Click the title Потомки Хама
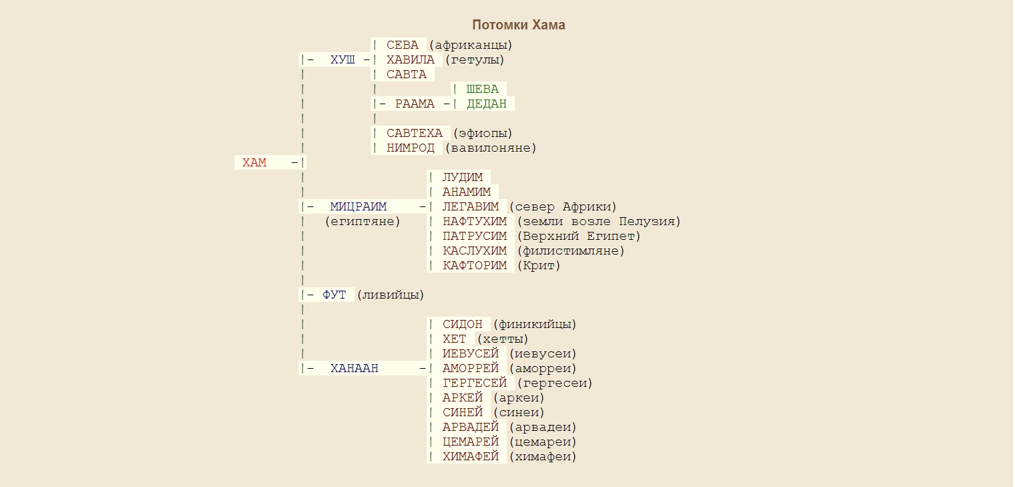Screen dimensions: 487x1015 [x=518, y=25]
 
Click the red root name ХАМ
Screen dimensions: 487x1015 [x=254, y=162]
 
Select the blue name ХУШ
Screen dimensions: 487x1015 [x=343, y=60]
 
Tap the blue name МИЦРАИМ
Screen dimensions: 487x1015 [x=358, y=207]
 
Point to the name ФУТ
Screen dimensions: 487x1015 [x=335, y=295]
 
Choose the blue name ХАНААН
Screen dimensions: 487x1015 [x=354, y=368]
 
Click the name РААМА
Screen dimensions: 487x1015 [x=415, y=104]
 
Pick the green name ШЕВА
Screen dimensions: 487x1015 [x=482, y=90]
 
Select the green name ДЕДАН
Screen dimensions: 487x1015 [x=486, y=104]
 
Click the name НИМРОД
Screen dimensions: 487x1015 [x=411, y=148]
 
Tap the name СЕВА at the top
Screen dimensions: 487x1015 [x=403, y=45]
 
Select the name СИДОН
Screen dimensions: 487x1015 [x=462, y=325]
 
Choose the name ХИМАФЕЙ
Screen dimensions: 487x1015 [x=471, y=457]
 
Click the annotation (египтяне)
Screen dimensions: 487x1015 [x=363, y=222]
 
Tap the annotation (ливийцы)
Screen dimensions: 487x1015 [x=391, y=295]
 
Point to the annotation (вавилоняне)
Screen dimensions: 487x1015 [x=491, y=148]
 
